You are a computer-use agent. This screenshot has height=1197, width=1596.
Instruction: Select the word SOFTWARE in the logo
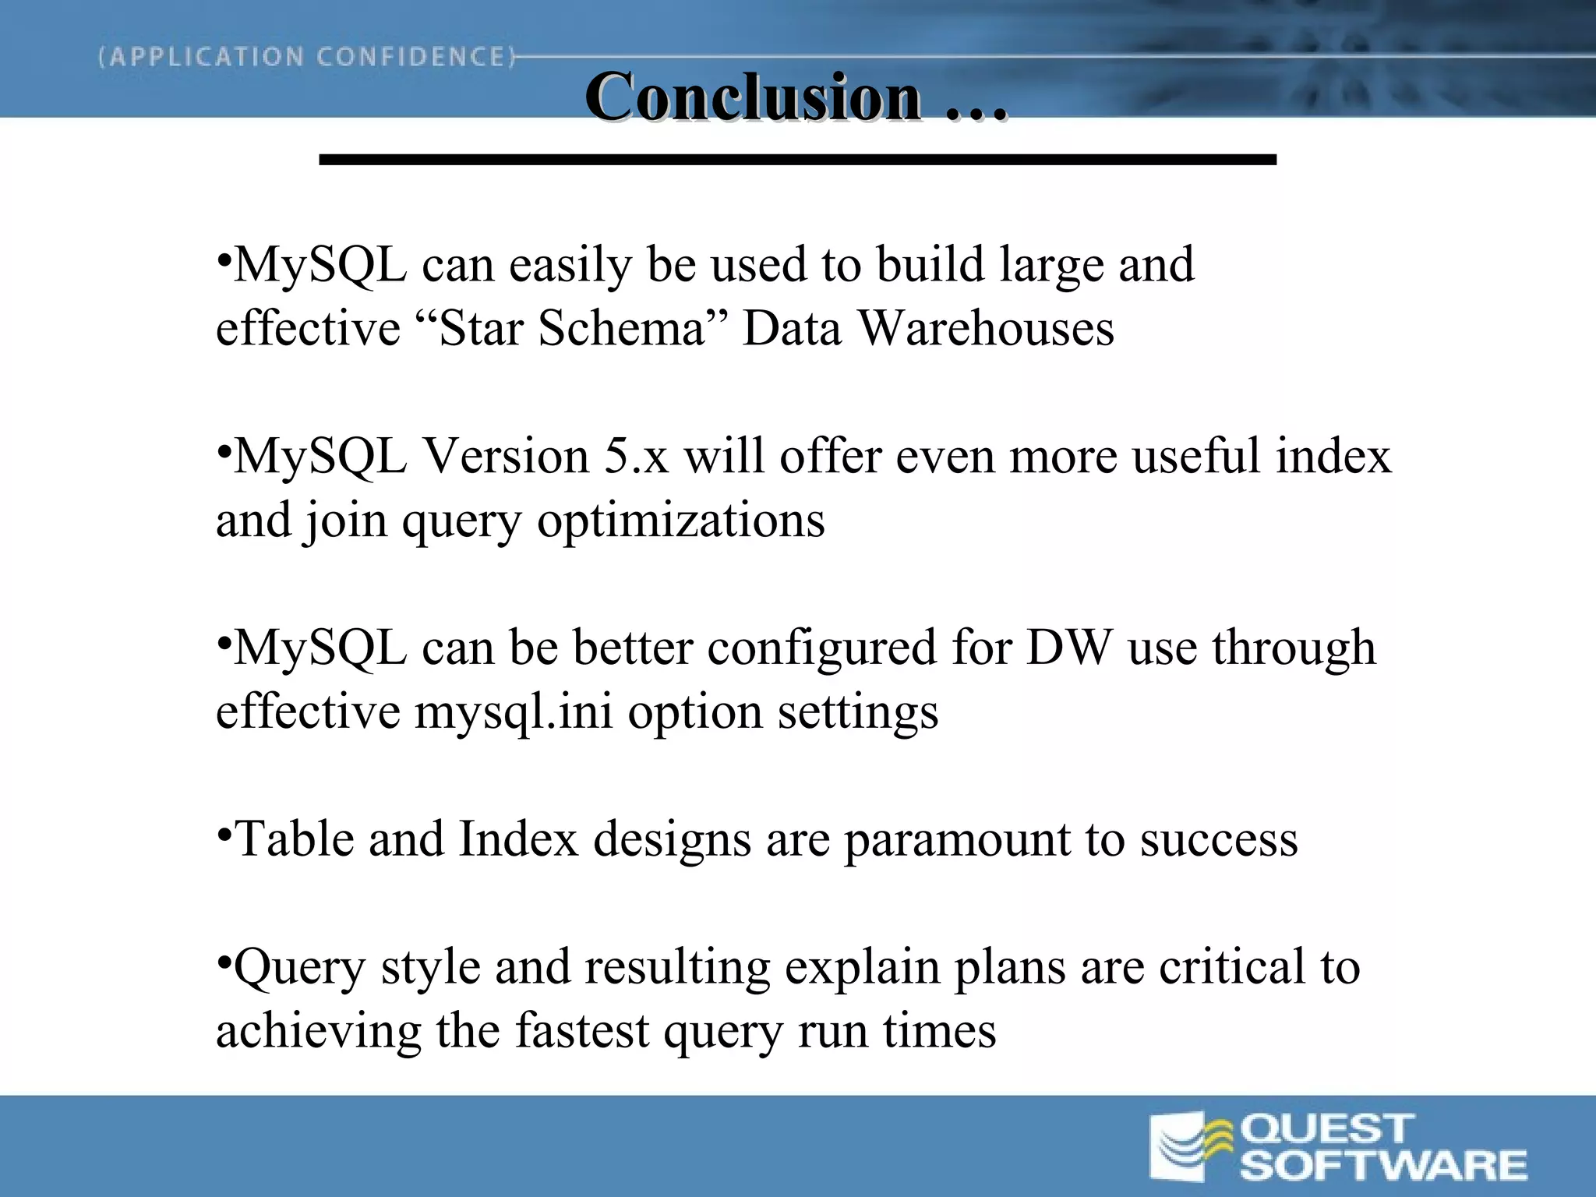(x=1382, y=1166)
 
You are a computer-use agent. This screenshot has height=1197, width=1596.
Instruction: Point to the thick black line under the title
(x=797, y=160)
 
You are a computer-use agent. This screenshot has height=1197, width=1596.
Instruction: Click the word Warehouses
(x=986, y=328)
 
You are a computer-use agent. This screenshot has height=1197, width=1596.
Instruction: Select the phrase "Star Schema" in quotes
(x=572, y=328)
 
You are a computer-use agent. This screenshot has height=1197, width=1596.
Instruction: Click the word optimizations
(x=680, y=521)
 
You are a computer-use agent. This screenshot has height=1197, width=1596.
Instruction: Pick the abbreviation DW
(x=1068, y=648)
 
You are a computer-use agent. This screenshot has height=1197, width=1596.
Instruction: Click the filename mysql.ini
(x=513, y=711)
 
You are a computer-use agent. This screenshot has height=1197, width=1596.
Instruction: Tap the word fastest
(x=582, y=1031)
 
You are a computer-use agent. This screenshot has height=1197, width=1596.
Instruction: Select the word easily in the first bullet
(x=570, y=266)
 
